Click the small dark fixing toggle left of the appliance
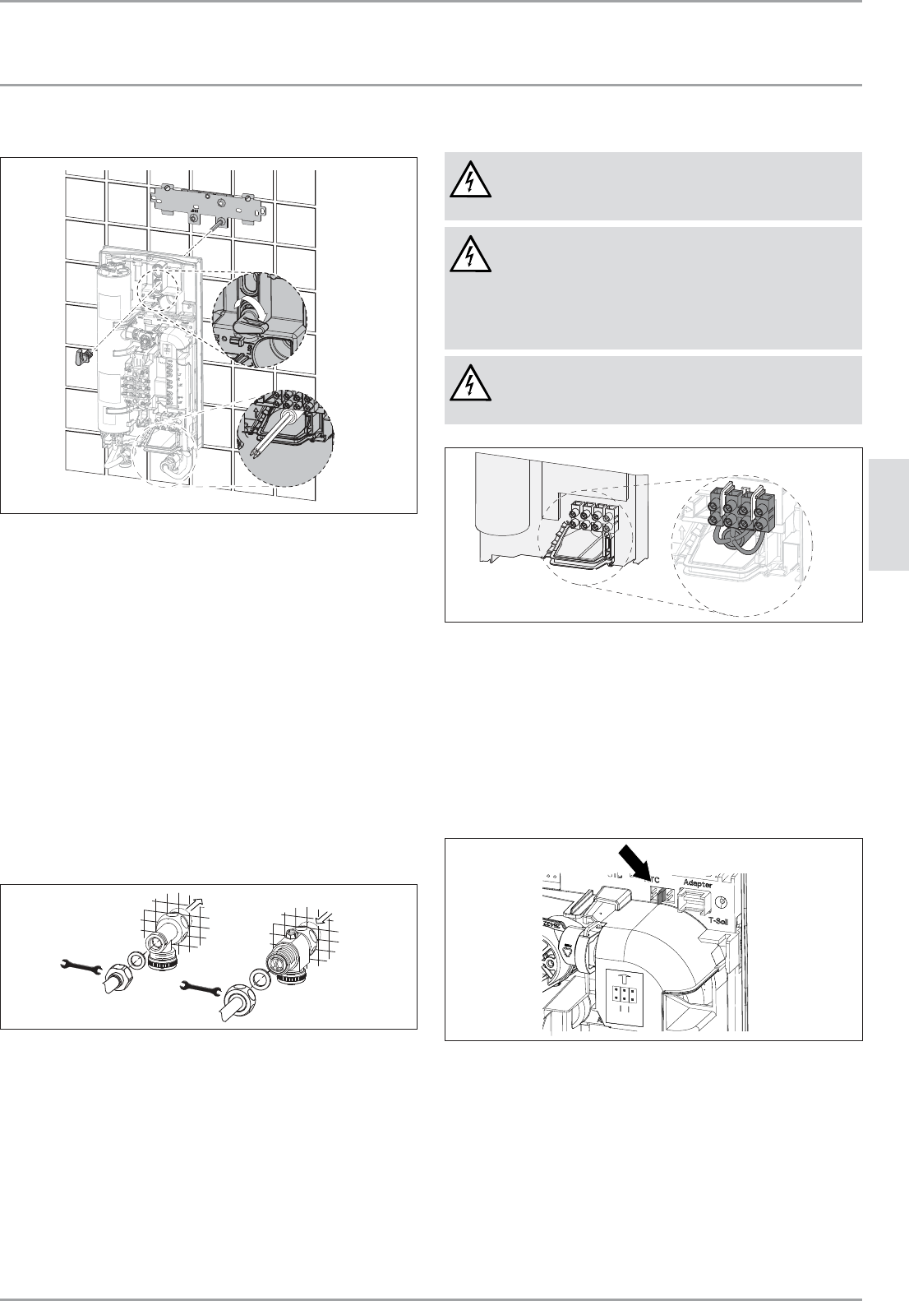(81, 357)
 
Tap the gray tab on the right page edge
(888, 515)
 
